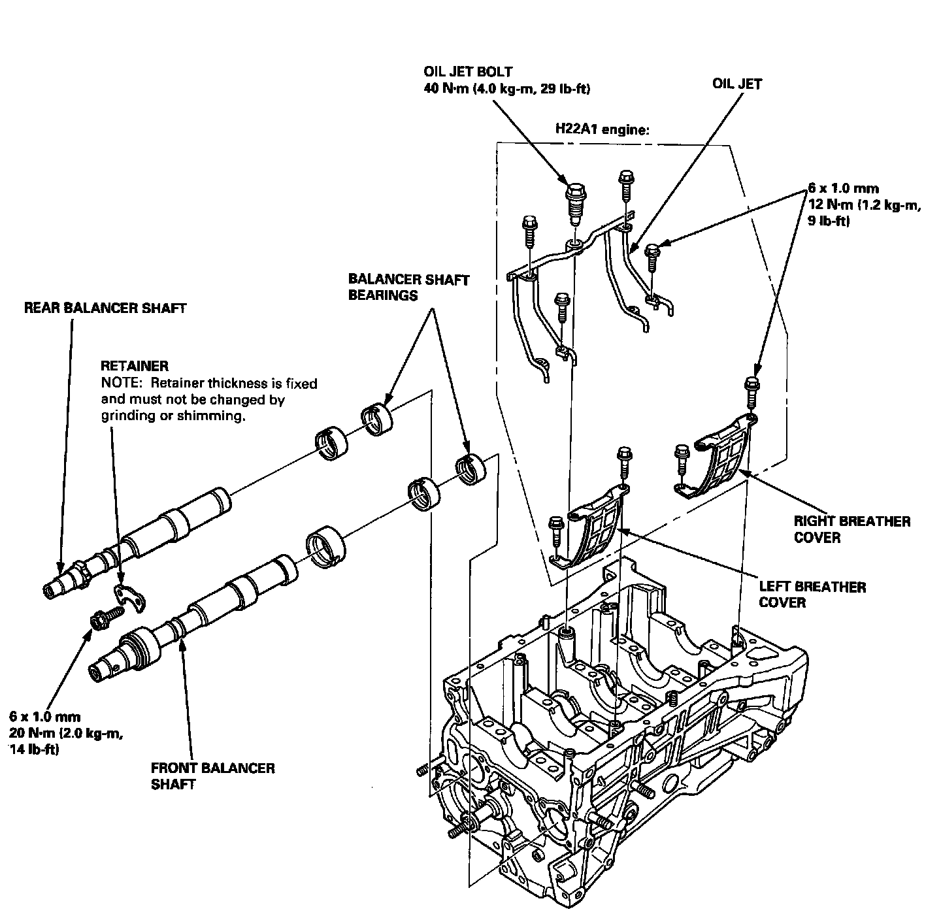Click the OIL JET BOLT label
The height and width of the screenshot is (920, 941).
(x=468, y=71)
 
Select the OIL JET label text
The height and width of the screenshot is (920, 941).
(x=737, y=84)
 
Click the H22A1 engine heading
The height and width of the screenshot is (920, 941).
(x=602, y=129)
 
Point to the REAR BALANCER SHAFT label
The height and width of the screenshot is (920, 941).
(x=105, y=308)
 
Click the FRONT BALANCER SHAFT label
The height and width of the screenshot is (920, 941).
(x=212, y=775)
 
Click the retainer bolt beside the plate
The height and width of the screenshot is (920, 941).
(x=104, y=618)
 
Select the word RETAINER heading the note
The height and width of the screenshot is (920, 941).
(x=135, y=367)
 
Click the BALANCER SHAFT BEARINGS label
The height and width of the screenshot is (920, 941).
(x=408, y=287)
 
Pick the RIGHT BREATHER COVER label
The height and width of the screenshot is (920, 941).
(x=851, y=529)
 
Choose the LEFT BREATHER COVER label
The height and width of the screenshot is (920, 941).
(x=812, y=593)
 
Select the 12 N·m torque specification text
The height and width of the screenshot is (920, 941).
(x=865, y=205)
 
